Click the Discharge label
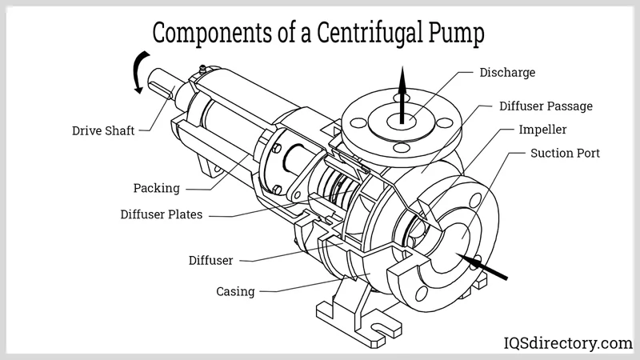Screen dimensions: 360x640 tap(507, 73)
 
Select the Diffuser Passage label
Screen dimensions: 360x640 tap(546, 106)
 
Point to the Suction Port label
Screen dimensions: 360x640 tap(565, 153)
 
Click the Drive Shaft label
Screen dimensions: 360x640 tap(103, 130)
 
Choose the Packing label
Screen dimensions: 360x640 tap(156, 189)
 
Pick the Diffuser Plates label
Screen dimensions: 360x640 tap(162, 214)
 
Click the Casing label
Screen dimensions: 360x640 tap(235, 291)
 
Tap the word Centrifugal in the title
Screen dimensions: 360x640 tap(355, 34)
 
